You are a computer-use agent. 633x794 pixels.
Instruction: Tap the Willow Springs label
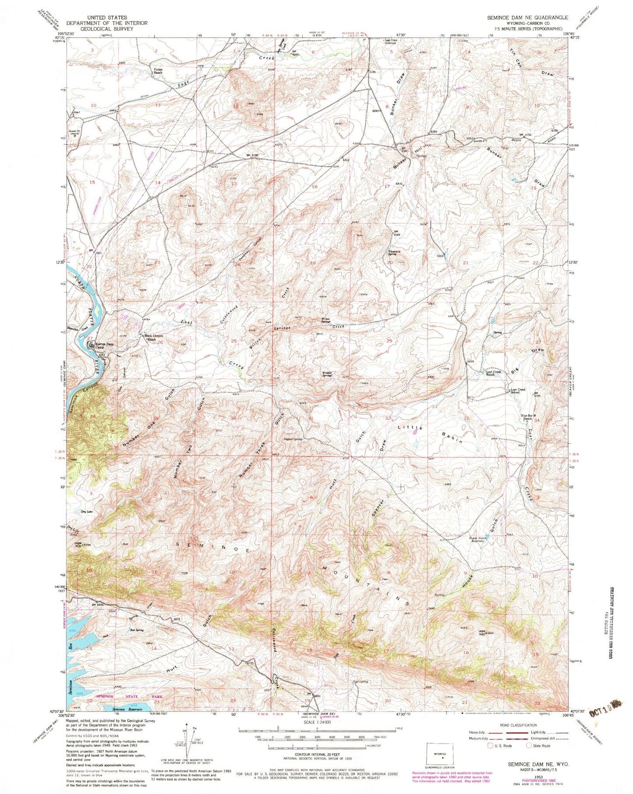click(323, 320)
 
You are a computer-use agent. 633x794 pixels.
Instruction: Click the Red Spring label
click(137, 630)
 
